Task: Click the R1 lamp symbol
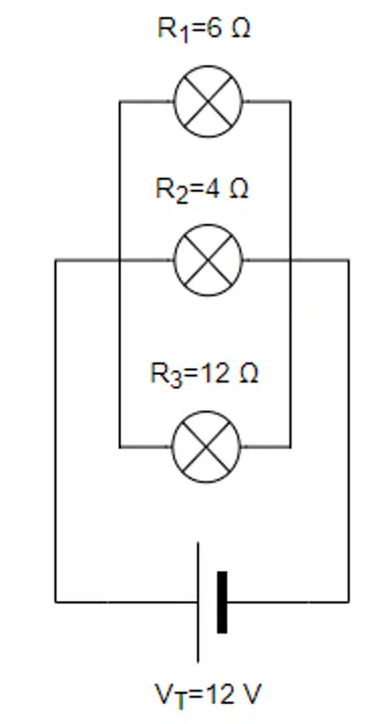tap(208, 102)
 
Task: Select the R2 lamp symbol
tap(208, 261)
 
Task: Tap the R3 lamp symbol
tap(207, 447)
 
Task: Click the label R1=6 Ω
tap(204, 29)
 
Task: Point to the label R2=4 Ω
tap(202, 189)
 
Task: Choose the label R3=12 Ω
tap(204, 374)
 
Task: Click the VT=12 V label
tap(208, 695)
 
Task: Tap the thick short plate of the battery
tap(222, 602)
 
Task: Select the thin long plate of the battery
tap(198, 602)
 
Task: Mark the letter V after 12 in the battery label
tap(253, 694)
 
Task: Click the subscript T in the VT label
tap(179, 701)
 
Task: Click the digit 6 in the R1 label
tap(213, 29)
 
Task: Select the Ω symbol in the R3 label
tap(249, 374)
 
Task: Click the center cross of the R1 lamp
tap(208, 102)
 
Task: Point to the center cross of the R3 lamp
tap(207, 447)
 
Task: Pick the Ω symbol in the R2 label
tap(239, 189)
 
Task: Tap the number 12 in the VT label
tap(219, 694)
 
